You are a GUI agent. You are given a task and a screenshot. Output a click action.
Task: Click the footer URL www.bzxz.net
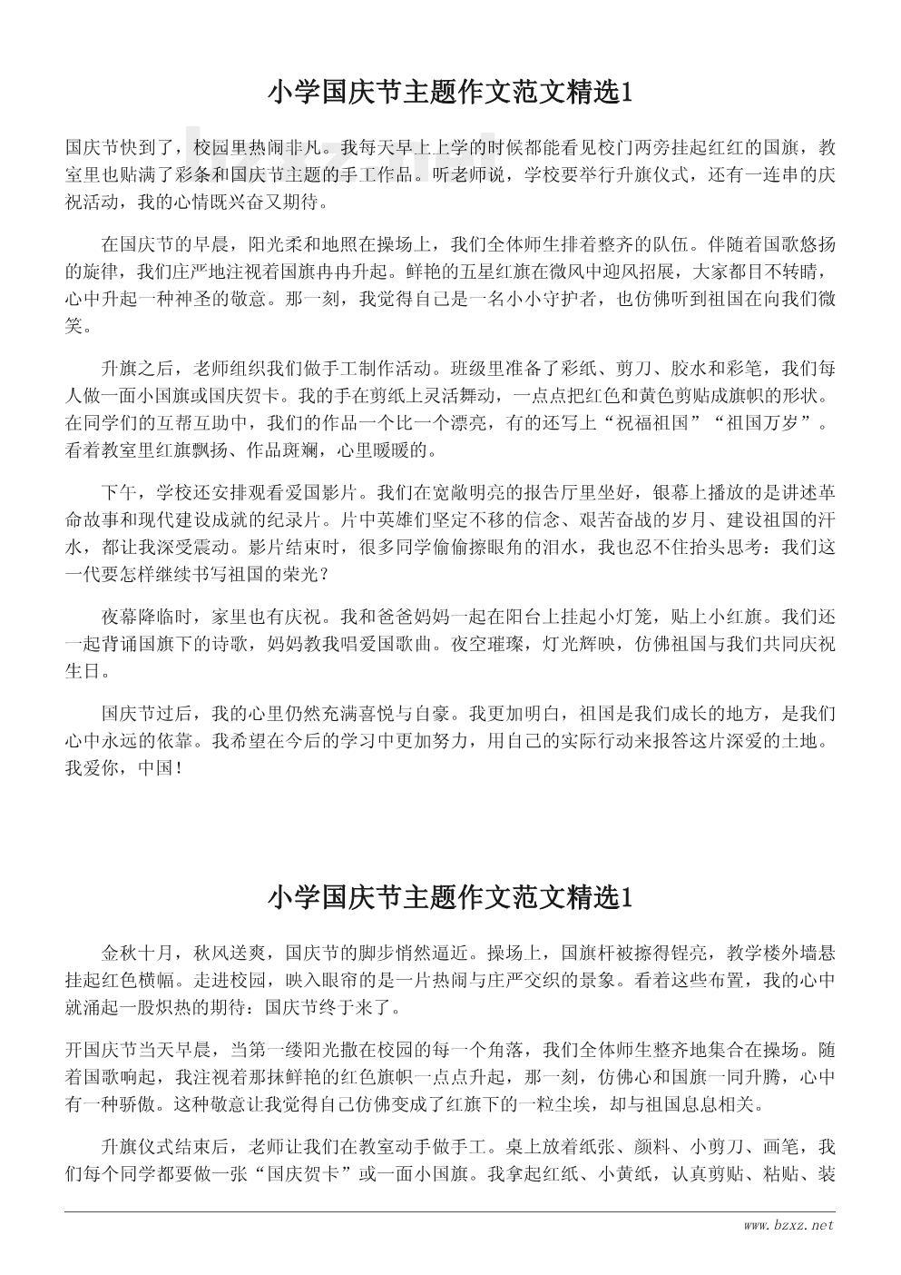tap(787, 1225)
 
